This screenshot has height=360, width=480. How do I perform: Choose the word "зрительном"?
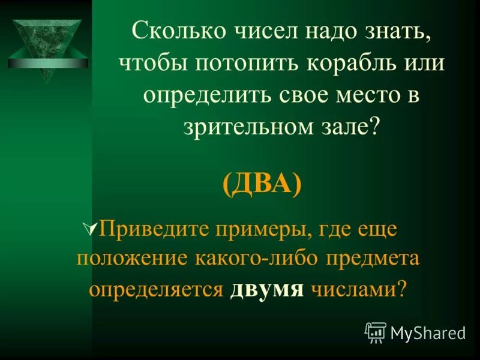pyautogui.click(x=241, y=126)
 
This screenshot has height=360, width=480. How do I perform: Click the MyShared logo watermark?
pyautogui.click(x=415, y=332)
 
